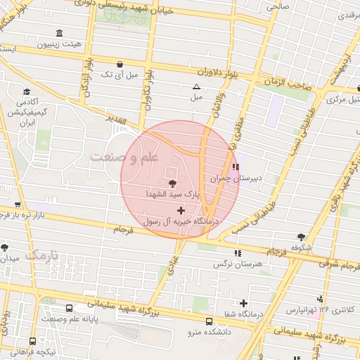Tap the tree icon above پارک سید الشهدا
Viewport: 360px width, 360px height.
[x=173, y=184]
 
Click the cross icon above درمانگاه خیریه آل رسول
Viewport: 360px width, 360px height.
[x=181, y=210]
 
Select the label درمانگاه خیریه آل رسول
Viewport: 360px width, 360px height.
[x=181, y=221]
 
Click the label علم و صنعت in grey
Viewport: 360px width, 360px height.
[x=126, y=157]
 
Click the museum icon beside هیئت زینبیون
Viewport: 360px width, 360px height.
[x=58, y=34]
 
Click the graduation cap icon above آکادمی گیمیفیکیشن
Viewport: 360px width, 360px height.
[x=27, y=92]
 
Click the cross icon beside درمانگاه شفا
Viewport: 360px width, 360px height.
[x=243, y=304]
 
